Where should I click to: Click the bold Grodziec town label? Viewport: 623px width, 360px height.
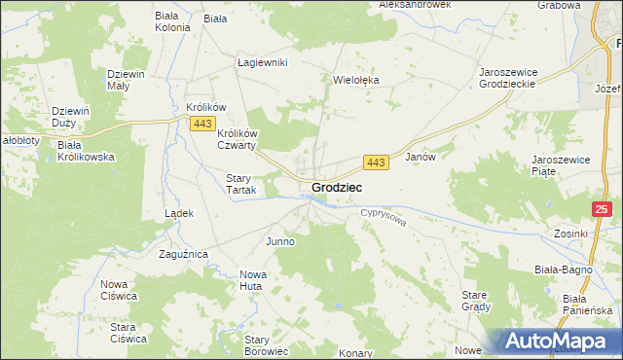(338, 187)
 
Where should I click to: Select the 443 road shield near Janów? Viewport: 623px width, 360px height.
(377, 162)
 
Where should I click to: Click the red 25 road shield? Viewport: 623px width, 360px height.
(604, 209)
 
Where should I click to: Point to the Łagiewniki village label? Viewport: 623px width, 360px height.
(264, 62)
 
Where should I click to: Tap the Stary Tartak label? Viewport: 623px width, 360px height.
(240, 184)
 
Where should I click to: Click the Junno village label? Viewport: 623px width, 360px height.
(279, 240)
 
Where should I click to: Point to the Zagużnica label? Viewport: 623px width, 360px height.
(183, 254)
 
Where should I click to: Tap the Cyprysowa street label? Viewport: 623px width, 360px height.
(381, 218)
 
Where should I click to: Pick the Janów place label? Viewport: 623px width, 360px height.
(419, 156)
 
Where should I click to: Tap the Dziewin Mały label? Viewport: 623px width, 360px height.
(127, 80)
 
